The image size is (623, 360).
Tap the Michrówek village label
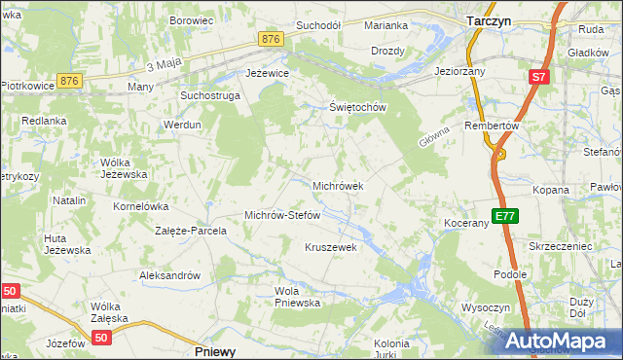338,185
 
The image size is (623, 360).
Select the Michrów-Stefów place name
282,215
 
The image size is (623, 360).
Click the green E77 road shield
504,216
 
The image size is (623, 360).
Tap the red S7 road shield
539,76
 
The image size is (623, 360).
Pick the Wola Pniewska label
298,297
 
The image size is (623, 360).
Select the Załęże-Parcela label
191,232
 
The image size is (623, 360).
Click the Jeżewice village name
267,73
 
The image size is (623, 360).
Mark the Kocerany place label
465,224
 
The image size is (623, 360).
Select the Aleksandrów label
169,275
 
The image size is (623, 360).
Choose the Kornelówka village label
142,206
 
